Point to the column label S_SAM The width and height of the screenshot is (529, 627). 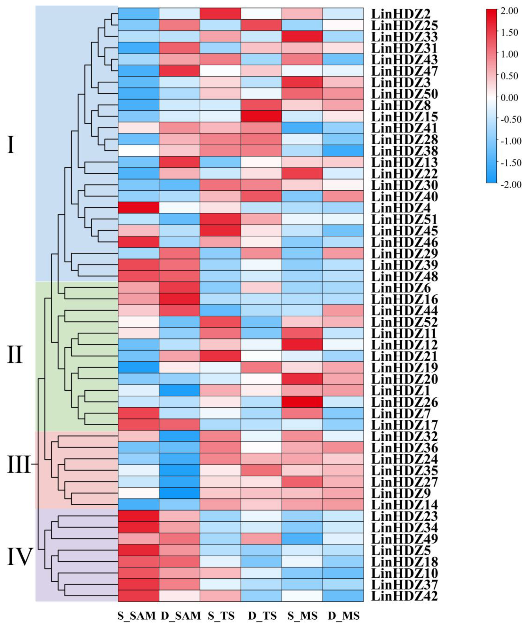(x=137, y=616)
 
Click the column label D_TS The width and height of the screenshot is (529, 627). (x=262, y=616)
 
